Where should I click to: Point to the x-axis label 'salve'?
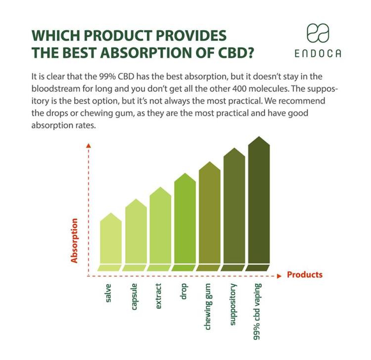click(x=109, y=294)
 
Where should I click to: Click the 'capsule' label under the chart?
click(x=134, y=297)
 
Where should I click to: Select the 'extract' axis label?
click(x=159, y=297)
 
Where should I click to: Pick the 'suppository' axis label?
click(x=232, y=305)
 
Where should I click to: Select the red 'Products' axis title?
click(x=305, y=275)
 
